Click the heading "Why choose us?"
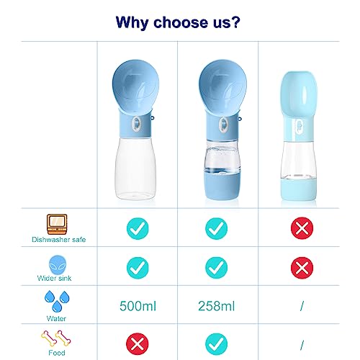click(178, 22)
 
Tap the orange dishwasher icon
click(57, 224)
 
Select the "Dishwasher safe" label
click(59, 240)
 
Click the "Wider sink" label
click(55, 278)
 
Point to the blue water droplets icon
click(57, 301)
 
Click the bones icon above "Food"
click(56, 338)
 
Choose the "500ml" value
click(138, 306)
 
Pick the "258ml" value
click(216, 306)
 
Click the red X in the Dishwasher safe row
click(302, 228)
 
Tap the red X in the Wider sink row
click(302, 268)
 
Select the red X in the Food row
click(138, 344)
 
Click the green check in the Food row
click(216, 344)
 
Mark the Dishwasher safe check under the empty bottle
click(138, 228)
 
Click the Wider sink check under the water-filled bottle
click(216, 268)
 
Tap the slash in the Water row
click(302, 306)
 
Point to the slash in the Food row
click(302, 345)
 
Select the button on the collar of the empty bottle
click(136, 124)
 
